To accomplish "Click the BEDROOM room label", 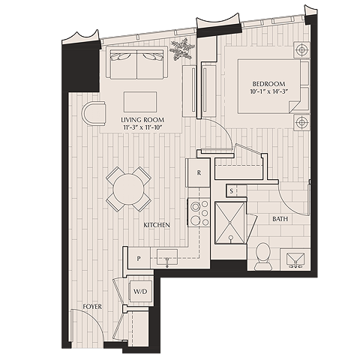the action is (x=268, y=84).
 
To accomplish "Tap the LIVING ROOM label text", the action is (x=142, y=120).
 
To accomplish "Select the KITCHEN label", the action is (x=157, y=225).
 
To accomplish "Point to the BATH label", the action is (x=280, y=219).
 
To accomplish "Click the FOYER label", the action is (x=92, y=307).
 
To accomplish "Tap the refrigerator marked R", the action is (x=199, y=172).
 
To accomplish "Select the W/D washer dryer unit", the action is (x=140, y=292).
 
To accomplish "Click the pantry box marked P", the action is (x=139, y=258).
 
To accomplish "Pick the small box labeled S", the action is (x=232, y=191).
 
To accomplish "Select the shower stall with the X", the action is (x=230, y=223).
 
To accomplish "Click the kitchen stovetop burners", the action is (x=199, y=212).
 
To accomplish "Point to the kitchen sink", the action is (x=167, y=257).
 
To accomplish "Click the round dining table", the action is (x=128, y=189).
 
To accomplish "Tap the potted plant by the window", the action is (x=182, y=49).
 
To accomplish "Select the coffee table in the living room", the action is (x=140, y=102).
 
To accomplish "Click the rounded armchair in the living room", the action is (x=94, y=112).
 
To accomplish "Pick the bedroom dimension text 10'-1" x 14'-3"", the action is (x=269, y=91).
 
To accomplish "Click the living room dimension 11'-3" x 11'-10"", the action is (x=142, y=127).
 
